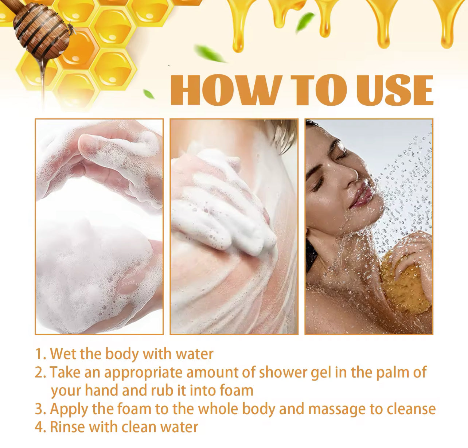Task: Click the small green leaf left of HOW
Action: pyautogui.click(x=149, y=94)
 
